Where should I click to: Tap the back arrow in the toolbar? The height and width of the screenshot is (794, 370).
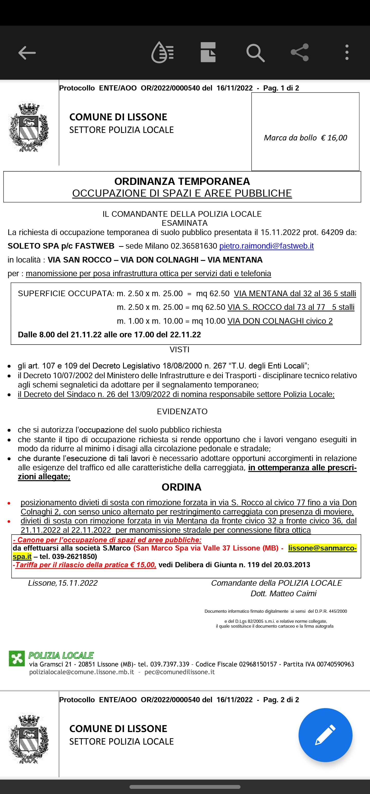(27, 53)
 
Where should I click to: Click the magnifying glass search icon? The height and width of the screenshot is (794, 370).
(255, 53)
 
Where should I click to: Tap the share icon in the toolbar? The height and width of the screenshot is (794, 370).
(299, 52)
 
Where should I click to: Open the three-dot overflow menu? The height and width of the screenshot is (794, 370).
(347, 52)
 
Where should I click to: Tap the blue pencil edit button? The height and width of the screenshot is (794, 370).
(325, 735)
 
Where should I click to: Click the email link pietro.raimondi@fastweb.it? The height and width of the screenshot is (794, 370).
(266, 246)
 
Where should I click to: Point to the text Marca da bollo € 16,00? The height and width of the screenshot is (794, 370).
(305, 138)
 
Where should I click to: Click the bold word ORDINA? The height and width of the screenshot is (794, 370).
(181, 487)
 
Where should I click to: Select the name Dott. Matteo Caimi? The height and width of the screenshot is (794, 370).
(283, 593)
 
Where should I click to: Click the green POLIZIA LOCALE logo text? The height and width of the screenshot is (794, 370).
(61, 655)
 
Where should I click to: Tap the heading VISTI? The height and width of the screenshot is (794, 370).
(179, 349)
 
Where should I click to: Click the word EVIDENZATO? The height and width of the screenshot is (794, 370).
(182, 411)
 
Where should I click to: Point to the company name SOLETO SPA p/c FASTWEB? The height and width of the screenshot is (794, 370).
(61, 246)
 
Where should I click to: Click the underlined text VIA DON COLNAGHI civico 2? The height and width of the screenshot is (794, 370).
(280, 321)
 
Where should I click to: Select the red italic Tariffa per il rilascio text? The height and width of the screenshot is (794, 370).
(86, 565)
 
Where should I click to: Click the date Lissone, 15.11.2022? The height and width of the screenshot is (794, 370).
(63, 583)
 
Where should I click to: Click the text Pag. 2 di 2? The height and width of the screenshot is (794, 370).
(281, 700)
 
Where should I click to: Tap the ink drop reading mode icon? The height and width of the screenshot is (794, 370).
(162, 52)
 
